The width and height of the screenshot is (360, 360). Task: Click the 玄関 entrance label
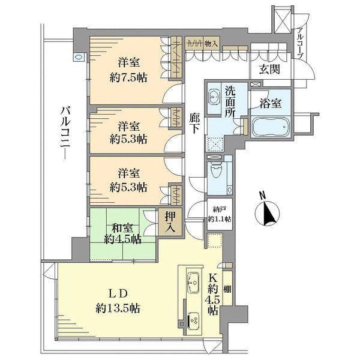(x=269, y=69)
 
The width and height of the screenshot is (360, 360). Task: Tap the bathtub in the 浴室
(x=270, y=127)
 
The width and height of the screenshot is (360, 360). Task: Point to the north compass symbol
(x=267, y=209)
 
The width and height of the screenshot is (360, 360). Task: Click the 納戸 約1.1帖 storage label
(x=220, y=214)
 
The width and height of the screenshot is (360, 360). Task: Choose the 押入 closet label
(x=170, y=221)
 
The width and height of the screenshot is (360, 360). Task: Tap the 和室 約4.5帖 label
(x=122, y=234)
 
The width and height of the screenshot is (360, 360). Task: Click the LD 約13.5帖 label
(x=118, y=301)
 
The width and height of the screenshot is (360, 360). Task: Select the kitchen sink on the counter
(x=193, y=283)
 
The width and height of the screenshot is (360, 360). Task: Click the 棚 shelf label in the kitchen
(x=227, y=289)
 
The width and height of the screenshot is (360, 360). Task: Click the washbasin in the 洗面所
(x=214, y=98)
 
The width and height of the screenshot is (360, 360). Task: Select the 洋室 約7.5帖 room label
(x=128, y=70)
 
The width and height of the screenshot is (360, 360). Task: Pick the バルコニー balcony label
(x=66, y=133)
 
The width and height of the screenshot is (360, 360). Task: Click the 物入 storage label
(x=211, y=44)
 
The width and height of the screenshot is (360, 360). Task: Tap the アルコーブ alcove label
(x=301, y=43)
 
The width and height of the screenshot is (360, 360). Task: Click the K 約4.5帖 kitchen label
(x=213, y=294)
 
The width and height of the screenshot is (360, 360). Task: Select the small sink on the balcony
(x=79, y=58)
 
